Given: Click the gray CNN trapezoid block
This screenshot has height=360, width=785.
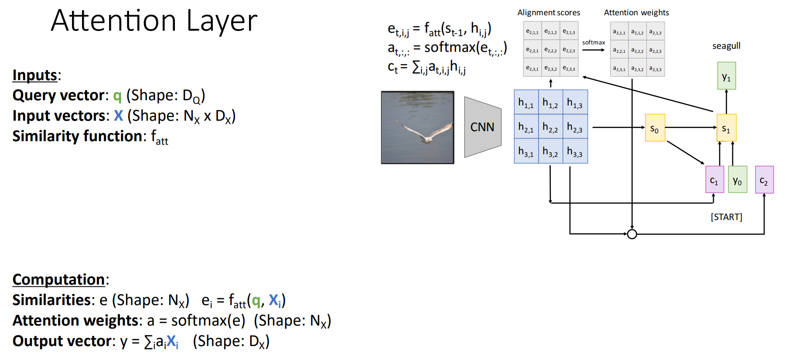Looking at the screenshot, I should (x=482, y=127).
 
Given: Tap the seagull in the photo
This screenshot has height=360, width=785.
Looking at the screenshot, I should (x=425, y=133).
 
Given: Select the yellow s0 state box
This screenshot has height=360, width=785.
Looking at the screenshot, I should (x=655, y=128).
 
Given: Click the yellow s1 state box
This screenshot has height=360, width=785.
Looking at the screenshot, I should (x=726, y=128).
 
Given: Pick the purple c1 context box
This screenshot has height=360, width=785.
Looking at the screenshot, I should (x=714, y=180).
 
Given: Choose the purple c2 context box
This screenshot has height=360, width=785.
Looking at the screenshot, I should (x=764, y=180).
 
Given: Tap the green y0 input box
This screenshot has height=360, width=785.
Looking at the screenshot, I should (x=737, y=180).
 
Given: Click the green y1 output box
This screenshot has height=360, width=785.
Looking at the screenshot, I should (x=727, y=76).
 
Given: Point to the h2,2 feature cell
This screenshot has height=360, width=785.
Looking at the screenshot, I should (x=550, y=127).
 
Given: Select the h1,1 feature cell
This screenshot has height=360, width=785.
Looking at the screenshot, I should (x=526, y=102).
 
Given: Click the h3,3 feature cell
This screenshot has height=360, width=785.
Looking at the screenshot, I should (x=575, y=151).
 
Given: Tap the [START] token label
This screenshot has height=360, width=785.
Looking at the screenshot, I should (x=726, y=217).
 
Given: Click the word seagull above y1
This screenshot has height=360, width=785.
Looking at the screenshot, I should (x=726, y=46).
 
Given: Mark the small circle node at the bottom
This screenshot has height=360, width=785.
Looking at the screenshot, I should (x=632, y=234).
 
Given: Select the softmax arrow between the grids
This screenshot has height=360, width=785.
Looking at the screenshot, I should (x=594, y=50).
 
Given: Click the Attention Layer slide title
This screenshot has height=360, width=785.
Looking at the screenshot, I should (x=154, y=21).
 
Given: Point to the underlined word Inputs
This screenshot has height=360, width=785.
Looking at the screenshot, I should (x=35, y=75).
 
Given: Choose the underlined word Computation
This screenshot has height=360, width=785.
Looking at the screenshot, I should (x=59, y=280).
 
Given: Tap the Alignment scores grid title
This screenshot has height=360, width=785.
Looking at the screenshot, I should (x=549, y=13).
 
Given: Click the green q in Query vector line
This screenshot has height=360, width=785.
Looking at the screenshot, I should (x=117, y=96).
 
